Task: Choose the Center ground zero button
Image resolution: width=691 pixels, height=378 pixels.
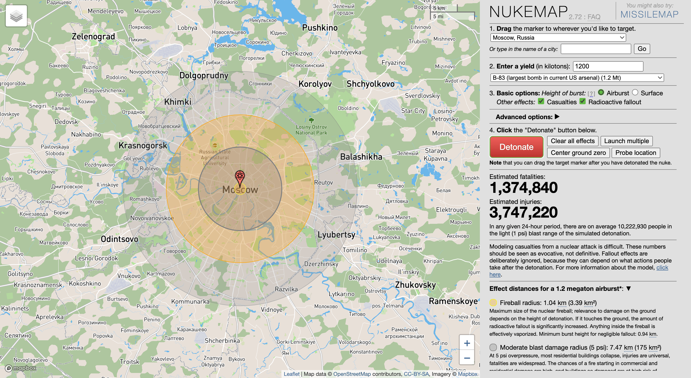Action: coord(578,153)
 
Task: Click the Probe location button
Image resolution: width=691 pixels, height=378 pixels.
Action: coord(636,153)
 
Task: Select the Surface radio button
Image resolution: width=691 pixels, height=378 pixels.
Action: coord(635,92)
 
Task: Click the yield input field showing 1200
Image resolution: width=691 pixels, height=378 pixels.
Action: coord(608,66)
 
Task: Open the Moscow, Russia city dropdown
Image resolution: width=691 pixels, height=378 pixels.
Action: coord(558,38)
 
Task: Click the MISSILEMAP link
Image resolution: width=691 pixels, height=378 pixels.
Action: coord(649,14)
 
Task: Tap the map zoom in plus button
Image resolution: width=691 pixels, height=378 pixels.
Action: coord(467,343)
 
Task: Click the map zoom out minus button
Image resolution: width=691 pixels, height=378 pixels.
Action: coord(467,358)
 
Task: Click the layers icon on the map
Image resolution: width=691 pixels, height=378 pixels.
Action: coord(16,16)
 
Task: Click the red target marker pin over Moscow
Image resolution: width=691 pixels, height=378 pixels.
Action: coord(239,177)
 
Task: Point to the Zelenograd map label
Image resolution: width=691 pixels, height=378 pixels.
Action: coord(93,37)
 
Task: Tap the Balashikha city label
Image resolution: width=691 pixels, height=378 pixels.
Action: coord(361,157)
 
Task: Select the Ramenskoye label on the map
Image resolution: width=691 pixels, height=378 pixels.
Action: coord(453,301)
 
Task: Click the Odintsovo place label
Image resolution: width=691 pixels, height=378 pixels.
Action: coord(119,239)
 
